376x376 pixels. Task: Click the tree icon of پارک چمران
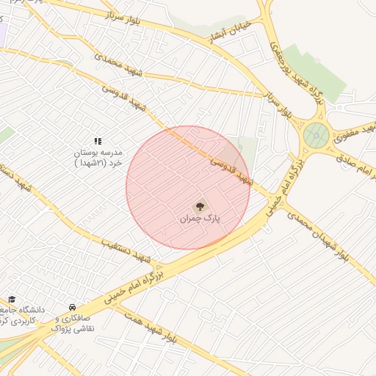pos(200,206)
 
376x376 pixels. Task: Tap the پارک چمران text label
pos(200,219)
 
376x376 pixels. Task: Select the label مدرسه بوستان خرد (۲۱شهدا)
pos(100,159)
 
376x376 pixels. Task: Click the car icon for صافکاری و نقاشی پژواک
pos(71,307)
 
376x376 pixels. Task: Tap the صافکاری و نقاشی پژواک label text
pos(73,324)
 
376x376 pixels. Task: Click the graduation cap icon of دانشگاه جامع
pos(12,299)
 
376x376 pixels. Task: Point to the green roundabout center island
pos(317,134)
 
